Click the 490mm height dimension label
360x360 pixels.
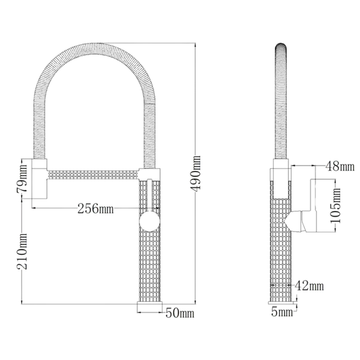tap(196, 173)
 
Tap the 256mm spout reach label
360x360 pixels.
tap(95, 208)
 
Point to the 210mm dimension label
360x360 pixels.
tap(22, 251)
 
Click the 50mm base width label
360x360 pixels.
tap(180, 313)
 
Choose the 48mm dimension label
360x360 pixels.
tap(340, 166)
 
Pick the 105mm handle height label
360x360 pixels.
tap(335, 205)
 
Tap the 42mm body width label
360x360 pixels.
tap(309, 286)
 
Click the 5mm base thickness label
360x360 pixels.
tap(282, 312)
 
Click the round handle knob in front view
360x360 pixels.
tap(149, 221)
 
